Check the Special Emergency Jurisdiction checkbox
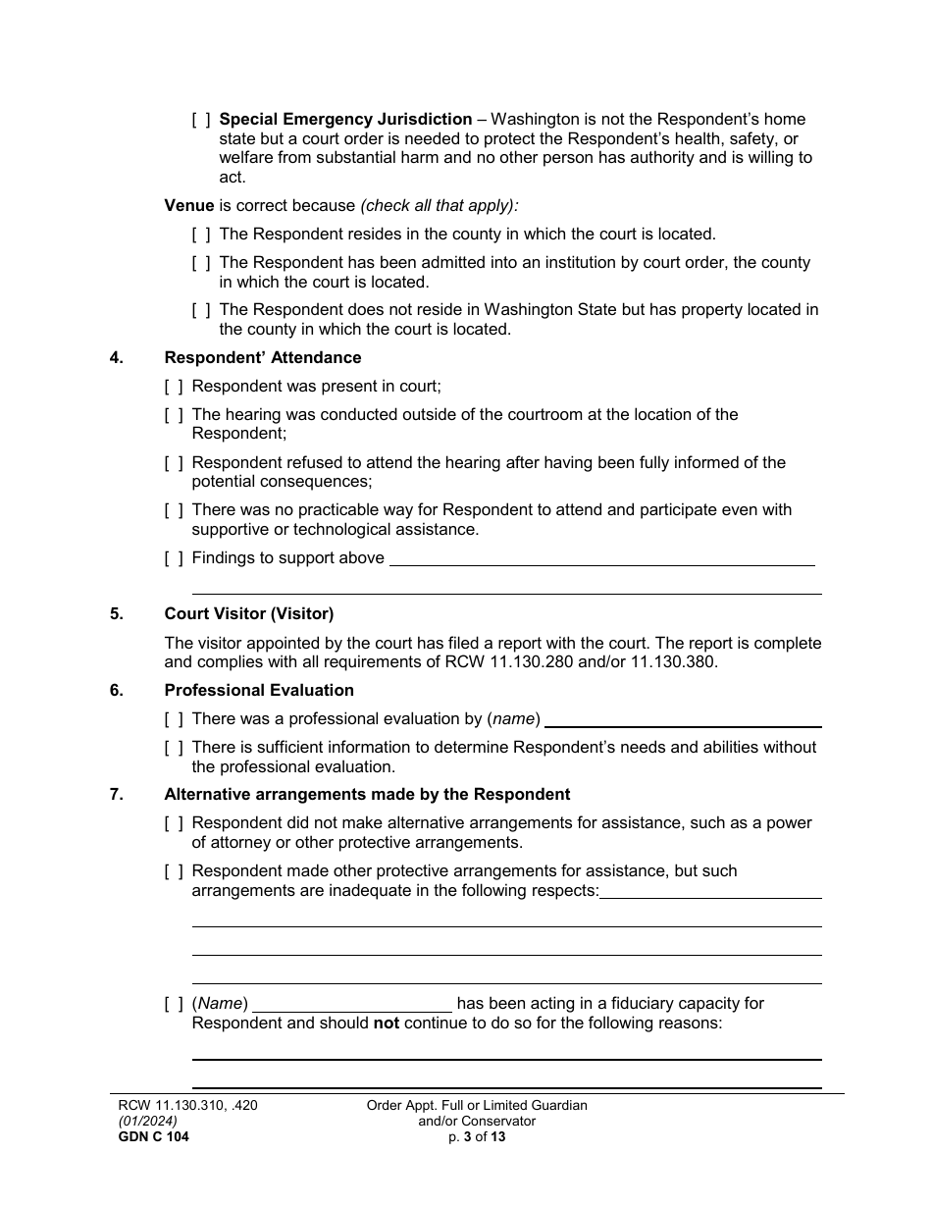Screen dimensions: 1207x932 201,120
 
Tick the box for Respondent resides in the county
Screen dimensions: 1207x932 201,235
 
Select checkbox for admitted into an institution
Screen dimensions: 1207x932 201,263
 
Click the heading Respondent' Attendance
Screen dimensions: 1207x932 262,358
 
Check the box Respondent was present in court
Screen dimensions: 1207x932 174,387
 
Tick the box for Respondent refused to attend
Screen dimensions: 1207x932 174,463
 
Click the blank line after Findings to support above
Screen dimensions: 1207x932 601,559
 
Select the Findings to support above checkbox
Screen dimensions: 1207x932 174,558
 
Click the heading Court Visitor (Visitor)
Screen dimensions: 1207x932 248,614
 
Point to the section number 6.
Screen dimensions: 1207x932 117,691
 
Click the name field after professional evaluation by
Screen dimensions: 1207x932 683,720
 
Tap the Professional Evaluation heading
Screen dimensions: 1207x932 259,691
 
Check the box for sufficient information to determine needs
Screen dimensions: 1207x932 174,748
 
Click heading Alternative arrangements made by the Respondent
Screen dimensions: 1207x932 366,795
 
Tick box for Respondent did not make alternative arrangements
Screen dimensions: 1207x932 174,823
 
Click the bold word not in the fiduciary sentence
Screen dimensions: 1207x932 386,1023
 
